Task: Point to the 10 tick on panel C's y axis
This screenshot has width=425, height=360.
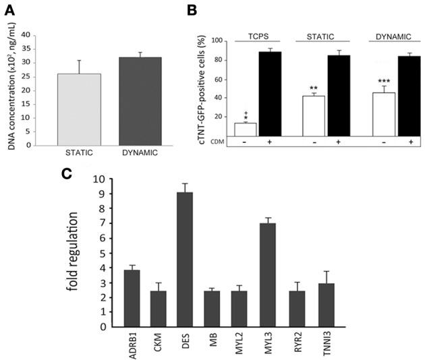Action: tap(98, 179)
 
